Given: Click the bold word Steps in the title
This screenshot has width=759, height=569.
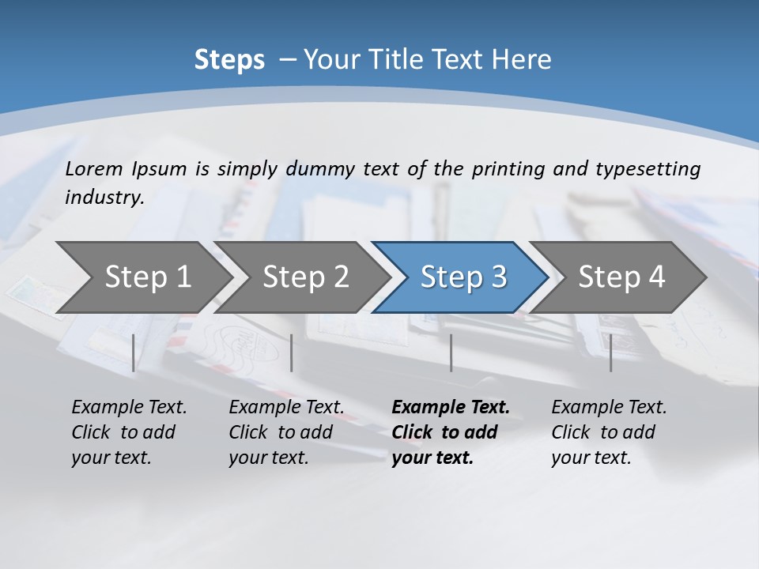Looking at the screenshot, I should (x=229, y=60).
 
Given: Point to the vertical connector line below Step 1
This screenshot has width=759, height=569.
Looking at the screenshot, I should (x=134, y=352).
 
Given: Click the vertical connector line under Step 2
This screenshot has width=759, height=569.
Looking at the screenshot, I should (x=292, y=352).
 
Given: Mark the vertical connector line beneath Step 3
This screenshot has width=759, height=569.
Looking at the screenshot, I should (x=451, y=352).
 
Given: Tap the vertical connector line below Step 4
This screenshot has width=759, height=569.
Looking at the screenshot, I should (x=610, y=352).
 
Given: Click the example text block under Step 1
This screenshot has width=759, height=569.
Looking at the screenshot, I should (x=129, y=432).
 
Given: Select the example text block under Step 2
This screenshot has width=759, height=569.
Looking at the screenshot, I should (x=286, y=432).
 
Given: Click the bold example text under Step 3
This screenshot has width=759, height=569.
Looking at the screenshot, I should (x=451, y=432).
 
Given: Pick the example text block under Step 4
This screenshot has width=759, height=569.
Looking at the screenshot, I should (x=609, y=432).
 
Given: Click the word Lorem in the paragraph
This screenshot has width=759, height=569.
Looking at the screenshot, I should (x=94, y=168).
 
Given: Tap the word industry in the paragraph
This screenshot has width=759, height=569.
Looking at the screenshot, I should (x=104, y=197).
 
